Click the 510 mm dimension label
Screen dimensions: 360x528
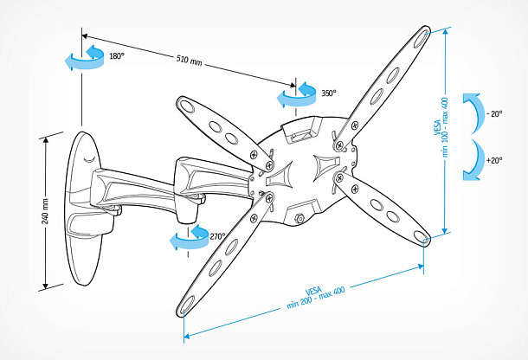[x=190, y=61]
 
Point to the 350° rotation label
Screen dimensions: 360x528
[x=329, y=93]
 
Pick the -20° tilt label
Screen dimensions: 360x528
[x=494, y=113]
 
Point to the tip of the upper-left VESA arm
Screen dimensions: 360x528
[x=184, y=103]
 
